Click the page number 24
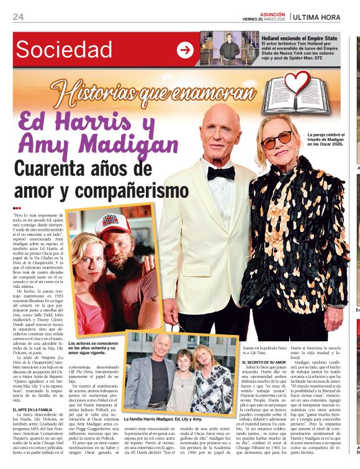click(x=19, y=17)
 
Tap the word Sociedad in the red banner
click(x=65, y=49)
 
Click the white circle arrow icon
click(x=185, y=50)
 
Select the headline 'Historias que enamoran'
click(x=154, y=94)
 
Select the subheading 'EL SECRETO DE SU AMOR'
click(x=263, y=362)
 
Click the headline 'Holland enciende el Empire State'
click(x=299, y=38)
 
